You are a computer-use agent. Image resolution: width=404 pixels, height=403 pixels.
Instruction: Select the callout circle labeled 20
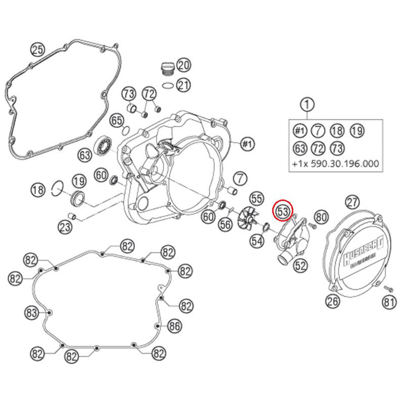[x=183, y=65]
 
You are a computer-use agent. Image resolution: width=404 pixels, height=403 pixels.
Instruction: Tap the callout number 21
[x=183, y=85]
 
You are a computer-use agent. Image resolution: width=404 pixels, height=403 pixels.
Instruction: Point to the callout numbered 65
[x=117, y=120]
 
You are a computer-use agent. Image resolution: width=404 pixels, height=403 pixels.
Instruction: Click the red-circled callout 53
[x=282, y=210]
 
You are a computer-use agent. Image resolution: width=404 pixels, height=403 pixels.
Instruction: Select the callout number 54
[x=258, y=241]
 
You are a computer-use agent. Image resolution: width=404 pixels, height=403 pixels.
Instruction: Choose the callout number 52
[x=300, y=264]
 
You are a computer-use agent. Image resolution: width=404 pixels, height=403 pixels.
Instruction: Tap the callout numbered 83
[x=32, y=313]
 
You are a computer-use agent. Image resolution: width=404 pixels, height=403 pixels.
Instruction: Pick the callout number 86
[x=174, y=326]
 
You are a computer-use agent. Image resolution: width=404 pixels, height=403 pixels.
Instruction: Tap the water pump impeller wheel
[x=247, y=222]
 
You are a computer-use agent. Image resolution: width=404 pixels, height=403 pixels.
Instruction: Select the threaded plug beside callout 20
[x=166, y=68]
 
